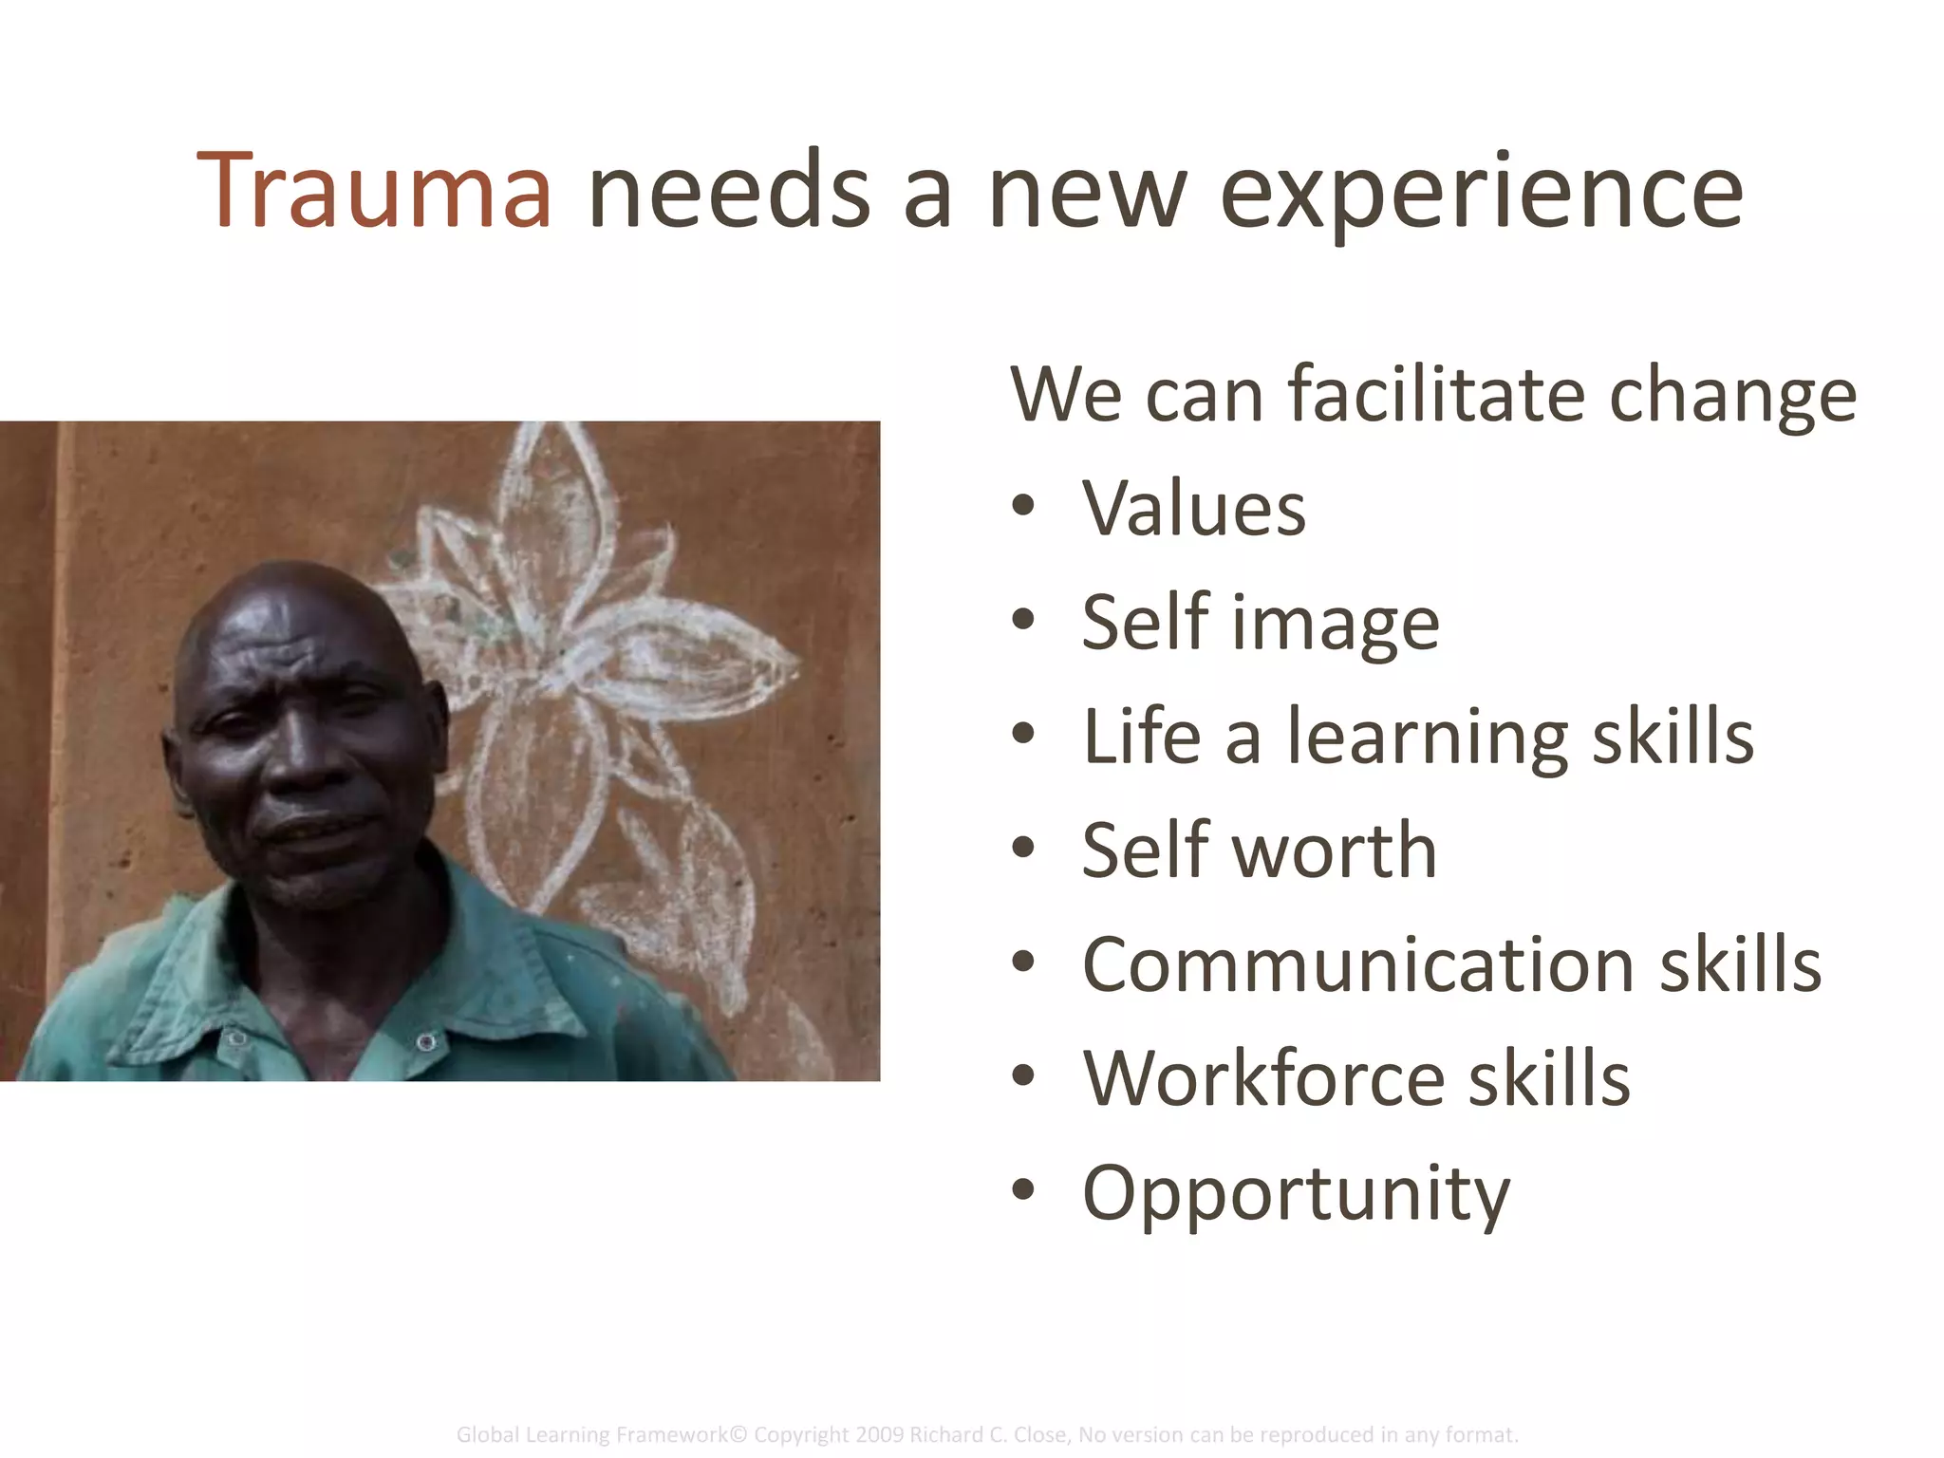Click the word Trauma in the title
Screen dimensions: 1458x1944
[x=374, y=193]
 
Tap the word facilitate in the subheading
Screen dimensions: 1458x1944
[x=1435, y=394]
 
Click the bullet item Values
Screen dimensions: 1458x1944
[x=1193, y=509]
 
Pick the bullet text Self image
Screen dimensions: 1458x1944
[x=1260, y=624]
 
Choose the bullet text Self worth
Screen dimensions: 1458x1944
[x=1259, y=850]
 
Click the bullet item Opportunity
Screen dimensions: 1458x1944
[x=1296, y=1194]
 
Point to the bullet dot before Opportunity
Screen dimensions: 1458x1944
[x=1022, y=1190]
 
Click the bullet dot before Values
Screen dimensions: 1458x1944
[x=1022, y=506]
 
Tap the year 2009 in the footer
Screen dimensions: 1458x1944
[x=880, y=1434]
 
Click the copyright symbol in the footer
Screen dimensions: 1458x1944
[x=740, y=1434]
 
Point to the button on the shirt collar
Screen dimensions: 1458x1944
[x=426, y=1043]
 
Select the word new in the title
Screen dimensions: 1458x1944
[x=1088, y=195]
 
